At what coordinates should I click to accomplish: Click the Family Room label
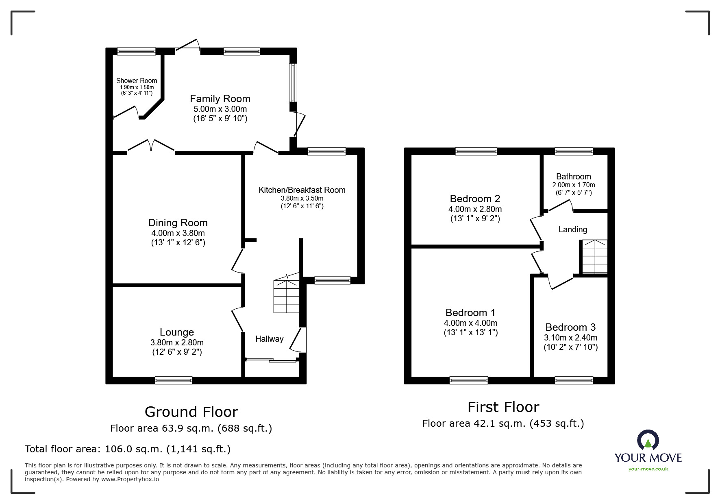pos(220,99)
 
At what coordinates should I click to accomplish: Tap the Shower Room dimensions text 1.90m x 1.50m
pos(137,87)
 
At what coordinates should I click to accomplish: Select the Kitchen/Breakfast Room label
pos(302,190)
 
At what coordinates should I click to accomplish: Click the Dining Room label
pos(178,223)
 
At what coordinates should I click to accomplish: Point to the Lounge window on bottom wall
pos(174,380)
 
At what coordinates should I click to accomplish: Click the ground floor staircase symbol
pos(287,295)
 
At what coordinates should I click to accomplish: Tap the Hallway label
pos(269,339)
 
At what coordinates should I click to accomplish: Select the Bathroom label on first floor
pos(573,177)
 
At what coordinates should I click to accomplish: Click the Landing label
pos(572,229)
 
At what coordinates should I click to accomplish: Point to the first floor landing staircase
pos(594,257)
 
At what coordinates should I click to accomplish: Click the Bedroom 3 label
pos(570,327)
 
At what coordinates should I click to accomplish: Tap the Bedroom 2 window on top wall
pos(476,151)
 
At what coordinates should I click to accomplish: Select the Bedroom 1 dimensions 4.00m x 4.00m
pos(470,323)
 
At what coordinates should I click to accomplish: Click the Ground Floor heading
pos(191,412)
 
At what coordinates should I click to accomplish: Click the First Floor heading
pos(503,407)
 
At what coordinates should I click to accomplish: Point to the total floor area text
pos(128,449)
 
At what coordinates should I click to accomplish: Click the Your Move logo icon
pos(648,441)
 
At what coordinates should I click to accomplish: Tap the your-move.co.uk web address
pos(648,469)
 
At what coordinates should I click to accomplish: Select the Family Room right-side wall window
pos(293,83)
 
